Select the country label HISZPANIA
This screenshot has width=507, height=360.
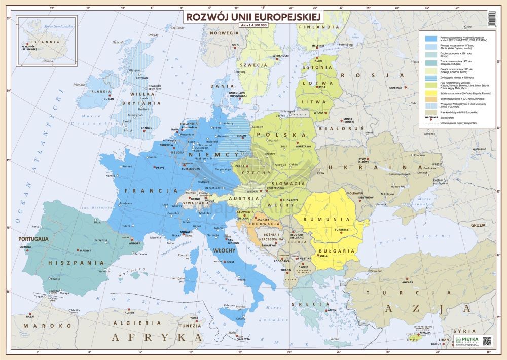77,263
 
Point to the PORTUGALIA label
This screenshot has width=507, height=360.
33,238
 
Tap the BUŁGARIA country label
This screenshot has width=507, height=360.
336,250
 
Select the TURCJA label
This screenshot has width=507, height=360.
403,293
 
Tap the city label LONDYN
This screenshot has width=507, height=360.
146,128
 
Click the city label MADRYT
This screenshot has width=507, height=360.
85,251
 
